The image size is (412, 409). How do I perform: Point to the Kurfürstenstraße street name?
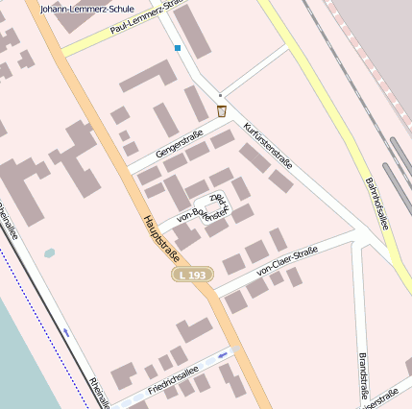tap(268, 144)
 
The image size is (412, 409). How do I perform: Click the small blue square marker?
tap(178, 47)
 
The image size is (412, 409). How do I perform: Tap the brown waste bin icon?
tap(221, 111)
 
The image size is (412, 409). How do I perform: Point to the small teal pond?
tap(50, 254)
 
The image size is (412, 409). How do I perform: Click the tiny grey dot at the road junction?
tap(220, 95)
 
